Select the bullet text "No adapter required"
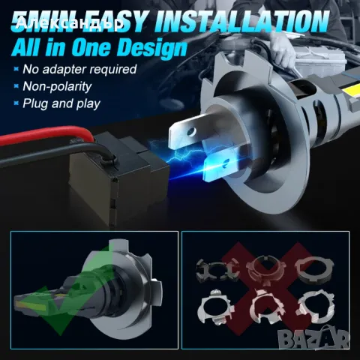tap(79, 69)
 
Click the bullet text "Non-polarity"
tap(57, 86)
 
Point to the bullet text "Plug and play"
tap(61, 103)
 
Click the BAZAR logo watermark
tap(314, 337)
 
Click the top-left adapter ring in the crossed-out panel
tap(216, 271)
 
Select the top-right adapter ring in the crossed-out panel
tap(314, 270)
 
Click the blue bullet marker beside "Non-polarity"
tap(16, 86)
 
